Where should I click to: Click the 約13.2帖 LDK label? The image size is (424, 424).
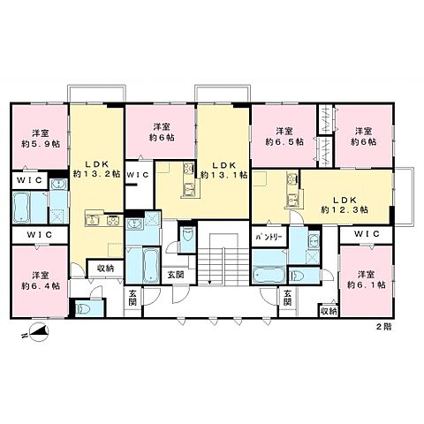tap(96, 169)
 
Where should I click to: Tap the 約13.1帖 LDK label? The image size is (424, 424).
tap(223, 170)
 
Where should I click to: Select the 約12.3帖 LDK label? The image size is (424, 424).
tap(344, 205)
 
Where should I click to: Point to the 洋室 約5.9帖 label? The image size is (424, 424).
tap(41, 139)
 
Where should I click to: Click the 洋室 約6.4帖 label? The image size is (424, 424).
tap(41, 281)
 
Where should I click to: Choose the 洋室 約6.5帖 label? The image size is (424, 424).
tap(284, 136)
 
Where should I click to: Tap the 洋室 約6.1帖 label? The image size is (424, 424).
tap(367, 280)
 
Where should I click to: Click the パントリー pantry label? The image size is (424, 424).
tap(269, 237)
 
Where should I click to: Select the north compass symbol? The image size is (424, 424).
tap(38, 332)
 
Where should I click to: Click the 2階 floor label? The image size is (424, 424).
tap(384, 327)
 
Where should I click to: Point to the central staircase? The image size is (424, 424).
tap(223, 259)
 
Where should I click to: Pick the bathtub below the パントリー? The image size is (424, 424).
tap(269, 275)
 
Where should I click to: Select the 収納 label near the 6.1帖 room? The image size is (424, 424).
tap(329, 311)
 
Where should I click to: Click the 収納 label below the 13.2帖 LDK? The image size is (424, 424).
tap(106, 269)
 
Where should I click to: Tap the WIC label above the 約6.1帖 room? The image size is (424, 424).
tap(367, 234)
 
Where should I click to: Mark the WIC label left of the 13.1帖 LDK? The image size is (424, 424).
tap(138, 175)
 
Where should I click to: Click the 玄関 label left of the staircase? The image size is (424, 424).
tap(176, 275)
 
